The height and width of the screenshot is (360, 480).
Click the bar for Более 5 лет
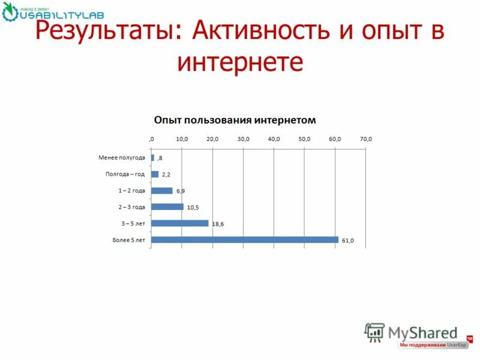(245, 239)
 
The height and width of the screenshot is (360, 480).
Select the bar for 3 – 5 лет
(180, 223)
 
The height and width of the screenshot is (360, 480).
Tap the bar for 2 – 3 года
(167, 207)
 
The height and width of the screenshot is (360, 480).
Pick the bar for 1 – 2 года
(162, 191)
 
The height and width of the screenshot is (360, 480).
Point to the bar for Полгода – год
(155, 175)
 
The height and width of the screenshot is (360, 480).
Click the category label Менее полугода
(122, 158)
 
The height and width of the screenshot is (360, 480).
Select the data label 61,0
(348, 241)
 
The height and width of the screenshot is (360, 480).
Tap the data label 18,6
(218, 224)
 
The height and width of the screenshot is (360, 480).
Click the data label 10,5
(193, 208)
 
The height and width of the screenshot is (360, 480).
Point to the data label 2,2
(166, 175)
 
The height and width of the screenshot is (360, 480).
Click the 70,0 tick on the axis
(365, 139)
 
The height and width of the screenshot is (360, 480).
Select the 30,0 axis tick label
(243, 139)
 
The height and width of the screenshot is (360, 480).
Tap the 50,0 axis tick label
(304, 139)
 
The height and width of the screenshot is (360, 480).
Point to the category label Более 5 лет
(128, 239)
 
